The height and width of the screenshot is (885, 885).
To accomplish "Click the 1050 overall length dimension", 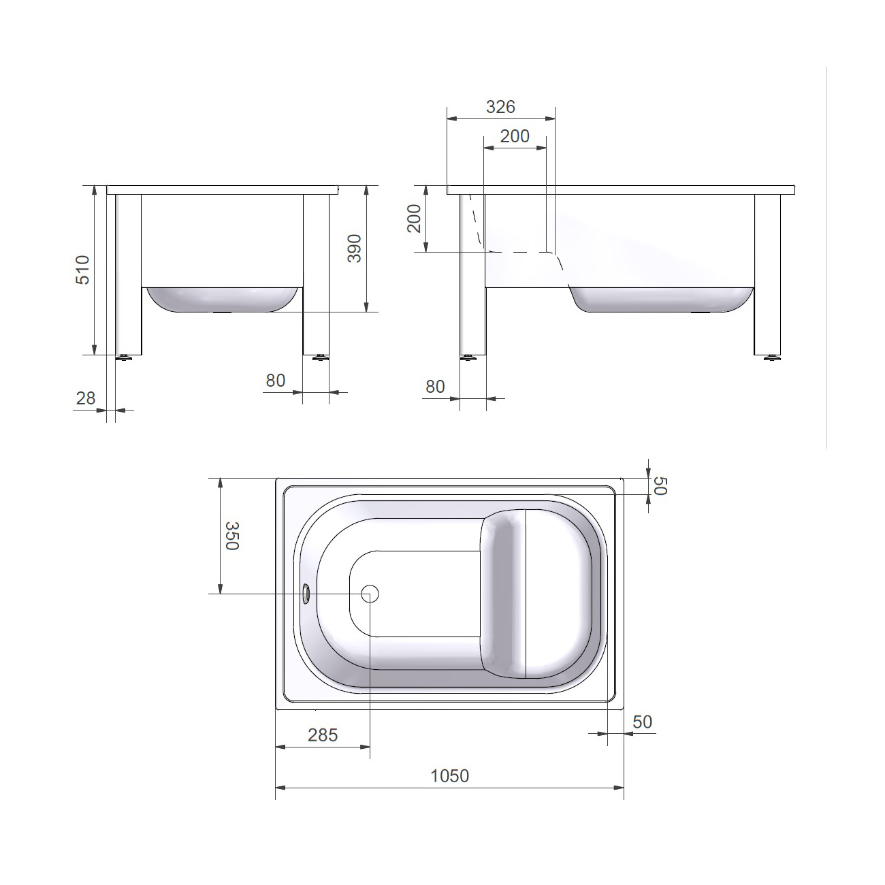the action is click(x=449, y=775).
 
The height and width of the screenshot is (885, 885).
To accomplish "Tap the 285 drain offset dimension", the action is click(x=323, y=735).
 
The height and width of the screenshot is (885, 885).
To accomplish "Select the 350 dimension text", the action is click(x=231, y=536).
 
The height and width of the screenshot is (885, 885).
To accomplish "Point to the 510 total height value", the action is click(x=82, y=270).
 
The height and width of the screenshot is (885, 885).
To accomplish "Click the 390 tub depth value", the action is click(x=355, y=248).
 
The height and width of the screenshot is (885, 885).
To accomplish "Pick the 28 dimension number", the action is click(x=86, y=398).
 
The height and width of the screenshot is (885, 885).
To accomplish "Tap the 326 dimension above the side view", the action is click(x=500, y=107).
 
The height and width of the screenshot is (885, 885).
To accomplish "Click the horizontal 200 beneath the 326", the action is click(x=515, y=136).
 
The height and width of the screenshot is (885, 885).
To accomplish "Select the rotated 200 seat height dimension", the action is click(x=415, y=219).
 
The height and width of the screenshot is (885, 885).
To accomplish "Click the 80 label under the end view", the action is click(x=276, y=381).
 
